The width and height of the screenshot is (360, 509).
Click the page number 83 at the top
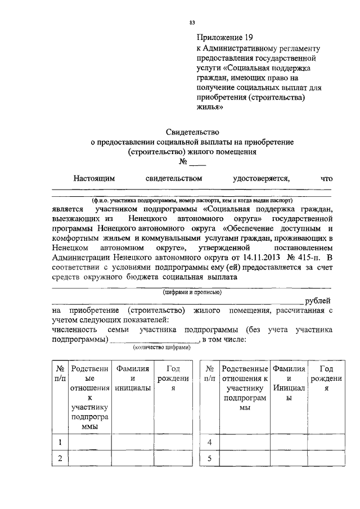coord(192,22)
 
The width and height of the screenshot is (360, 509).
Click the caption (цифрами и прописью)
coord(192,292)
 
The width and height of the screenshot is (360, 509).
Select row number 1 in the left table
coord(59,442)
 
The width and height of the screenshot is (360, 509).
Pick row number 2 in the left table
coord(59,458)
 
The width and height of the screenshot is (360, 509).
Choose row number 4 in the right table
coord(209,442)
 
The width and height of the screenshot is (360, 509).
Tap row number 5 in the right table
coord(209,458)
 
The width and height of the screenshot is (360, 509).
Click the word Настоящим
coord(94,179)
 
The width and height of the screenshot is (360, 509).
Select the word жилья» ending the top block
coord(210,108)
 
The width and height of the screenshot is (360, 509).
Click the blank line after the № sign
coord(197,165)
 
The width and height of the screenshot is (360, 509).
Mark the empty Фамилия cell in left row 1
coord(132,442)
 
